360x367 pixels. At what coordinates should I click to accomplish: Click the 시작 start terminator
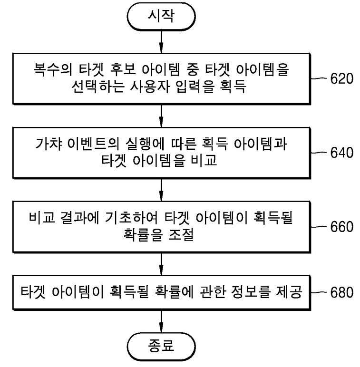coord(161,16)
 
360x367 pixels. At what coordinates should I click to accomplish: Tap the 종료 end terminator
coord(161,347)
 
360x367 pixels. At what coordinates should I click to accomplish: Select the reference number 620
coord(341,78)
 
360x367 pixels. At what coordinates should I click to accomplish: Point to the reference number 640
coord(341,153)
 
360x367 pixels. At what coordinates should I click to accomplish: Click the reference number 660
coord(341,227)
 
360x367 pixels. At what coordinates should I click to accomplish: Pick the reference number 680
coord(341,292)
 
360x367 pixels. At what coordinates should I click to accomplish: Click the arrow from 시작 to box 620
coord(161,42)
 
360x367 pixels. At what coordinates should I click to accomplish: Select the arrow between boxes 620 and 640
coord(161,116)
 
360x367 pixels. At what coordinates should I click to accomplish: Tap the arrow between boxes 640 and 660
coord(161,190)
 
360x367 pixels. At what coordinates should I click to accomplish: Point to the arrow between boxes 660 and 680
coord(161,264)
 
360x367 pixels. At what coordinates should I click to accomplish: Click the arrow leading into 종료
coord(161,321)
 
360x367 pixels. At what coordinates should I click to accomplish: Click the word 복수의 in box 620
coord(52,69)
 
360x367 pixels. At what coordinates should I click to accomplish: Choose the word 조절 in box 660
coord(181,234)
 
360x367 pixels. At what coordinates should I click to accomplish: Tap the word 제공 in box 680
coord(289,291)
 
